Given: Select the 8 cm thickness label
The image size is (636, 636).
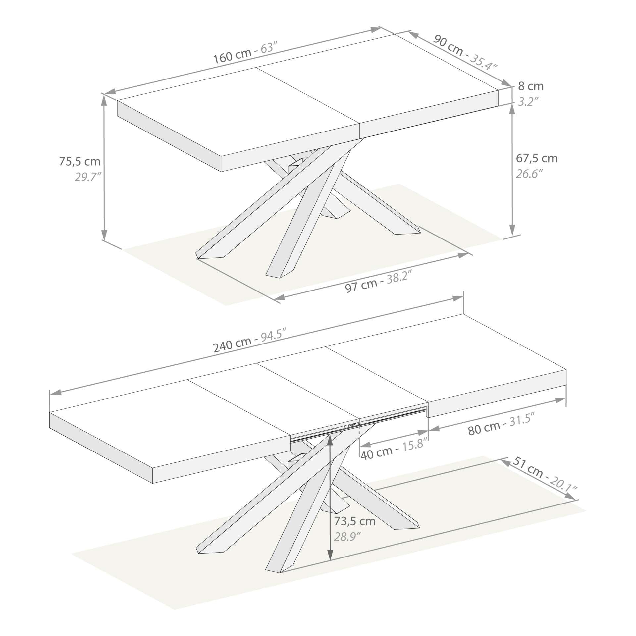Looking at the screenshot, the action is pos(531,86).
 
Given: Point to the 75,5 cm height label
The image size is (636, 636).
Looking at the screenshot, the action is pos(79,161).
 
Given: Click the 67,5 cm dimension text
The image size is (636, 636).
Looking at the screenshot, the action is pos(537,158).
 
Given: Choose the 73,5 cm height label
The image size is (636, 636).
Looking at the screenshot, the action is pos(354,521).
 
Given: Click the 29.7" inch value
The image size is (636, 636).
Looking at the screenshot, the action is pos(87,177).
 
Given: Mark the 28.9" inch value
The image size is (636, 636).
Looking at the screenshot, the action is pos(347,537).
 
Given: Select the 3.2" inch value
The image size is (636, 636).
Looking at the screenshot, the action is pos(527,102).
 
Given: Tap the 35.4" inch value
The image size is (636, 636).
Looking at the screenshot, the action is pos(484,63).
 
